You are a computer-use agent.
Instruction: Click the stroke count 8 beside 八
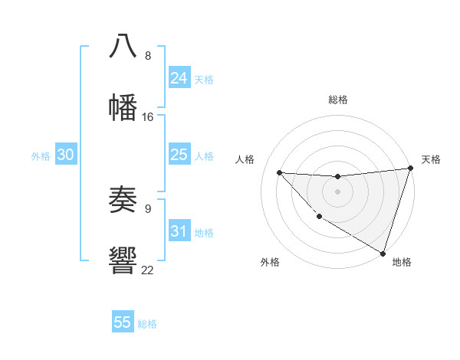[x=148, y=56]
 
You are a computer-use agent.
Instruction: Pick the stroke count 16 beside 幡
[x=148, y=117]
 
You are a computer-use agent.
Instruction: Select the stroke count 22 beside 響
[x=148, y=270]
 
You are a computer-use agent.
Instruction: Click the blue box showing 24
[x=179, y=78]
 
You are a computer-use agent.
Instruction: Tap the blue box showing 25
[x=179, y=155]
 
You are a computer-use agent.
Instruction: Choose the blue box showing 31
[x=179, y=231]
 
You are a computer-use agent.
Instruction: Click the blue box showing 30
[x=66, y=155]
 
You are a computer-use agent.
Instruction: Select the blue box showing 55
[x=123, y=322]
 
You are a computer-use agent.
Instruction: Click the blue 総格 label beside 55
[x=147, y=324]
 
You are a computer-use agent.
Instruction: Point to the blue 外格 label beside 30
[x=41, y=156]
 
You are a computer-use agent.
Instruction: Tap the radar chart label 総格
[x=337, y=100]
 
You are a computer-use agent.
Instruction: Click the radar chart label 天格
[x=431, y=159]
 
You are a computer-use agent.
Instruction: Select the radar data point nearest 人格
[x=279, y=172]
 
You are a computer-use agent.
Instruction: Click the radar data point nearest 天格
[x=410, y=169]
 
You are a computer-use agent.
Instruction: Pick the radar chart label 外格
[x=270, y=262]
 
